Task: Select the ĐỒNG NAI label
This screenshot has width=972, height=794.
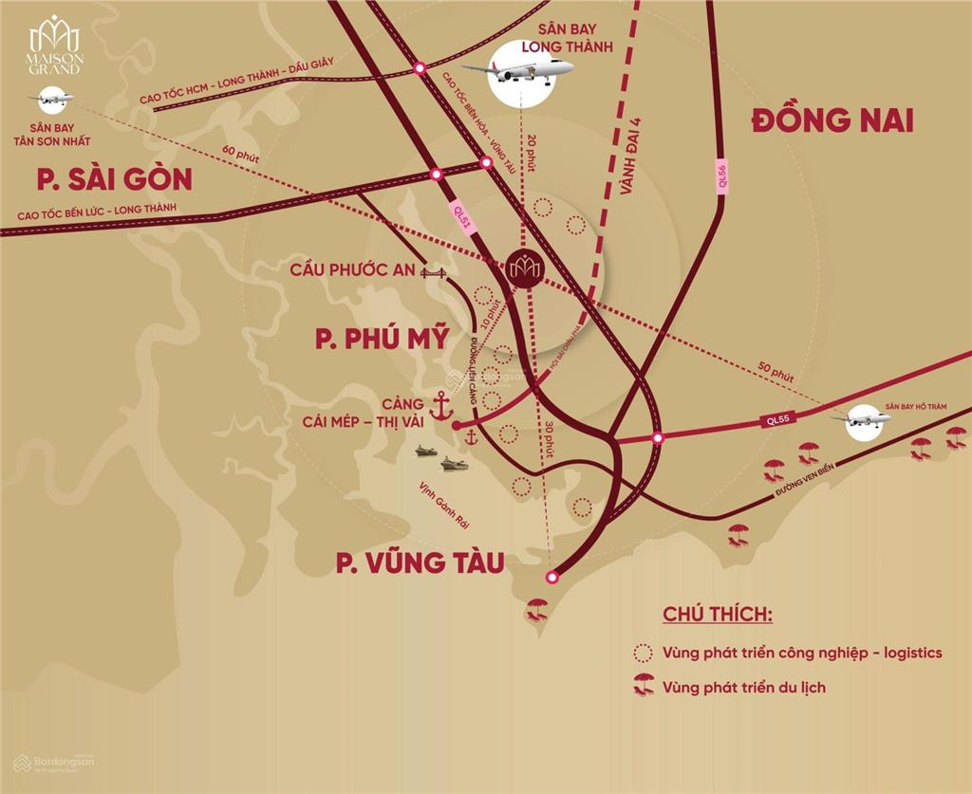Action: [832, 120]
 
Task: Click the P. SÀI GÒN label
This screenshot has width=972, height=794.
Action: [110, 178]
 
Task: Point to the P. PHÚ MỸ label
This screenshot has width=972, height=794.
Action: [383, 339]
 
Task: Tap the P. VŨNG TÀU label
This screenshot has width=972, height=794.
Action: [416, 563]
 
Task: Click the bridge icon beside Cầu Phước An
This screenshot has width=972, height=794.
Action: [434, 272]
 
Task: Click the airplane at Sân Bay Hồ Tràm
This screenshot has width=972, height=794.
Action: [862, 417]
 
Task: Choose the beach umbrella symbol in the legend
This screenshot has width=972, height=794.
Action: [644, 685]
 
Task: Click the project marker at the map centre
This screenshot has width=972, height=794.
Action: [523, 268]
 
